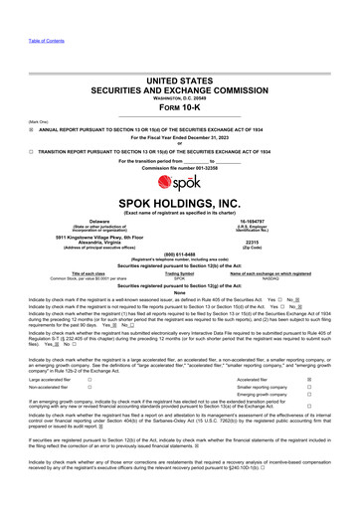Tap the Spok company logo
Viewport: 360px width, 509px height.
180,190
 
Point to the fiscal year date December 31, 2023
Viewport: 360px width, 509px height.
215,137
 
